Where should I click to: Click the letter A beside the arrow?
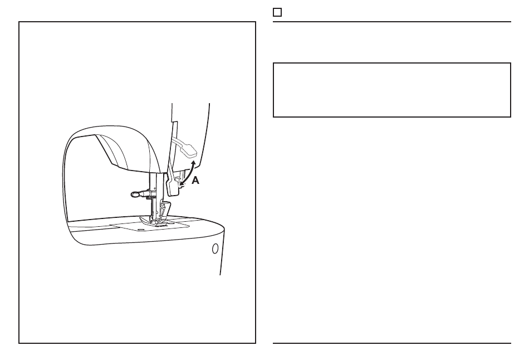click(195, 181)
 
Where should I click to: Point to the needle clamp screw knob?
click(135, 194)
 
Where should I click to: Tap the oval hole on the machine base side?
click(215, 249)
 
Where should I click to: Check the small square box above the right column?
click(277, 12)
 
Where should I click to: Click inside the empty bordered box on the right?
click(391, 90)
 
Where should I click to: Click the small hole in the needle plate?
click(140, 228)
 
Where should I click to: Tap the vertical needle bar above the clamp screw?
click(151, 181)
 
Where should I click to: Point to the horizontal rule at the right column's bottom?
click(391, 343)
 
